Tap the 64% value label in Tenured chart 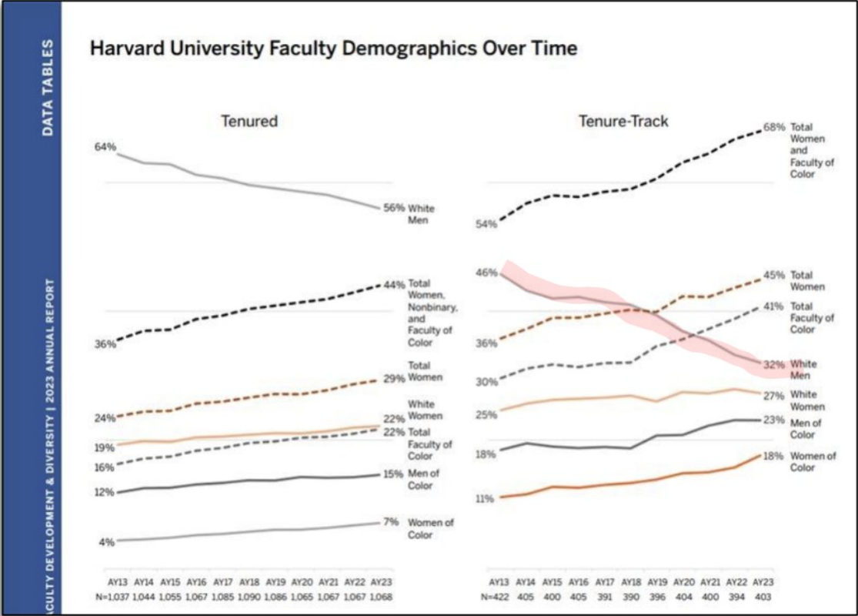[105, 147]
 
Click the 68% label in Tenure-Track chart [775, 127]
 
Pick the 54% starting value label [486, 224]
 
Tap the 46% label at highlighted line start [486, 273]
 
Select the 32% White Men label [775, 364]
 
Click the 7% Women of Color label [392, 522]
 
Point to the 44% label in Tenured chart [394, 284]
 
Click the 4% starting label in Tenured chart [105, 542]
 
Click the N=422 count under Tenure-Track [499, 598]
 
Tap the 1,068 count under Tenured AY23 [380, 598]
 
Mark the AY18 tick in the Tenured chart [248, 584]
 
